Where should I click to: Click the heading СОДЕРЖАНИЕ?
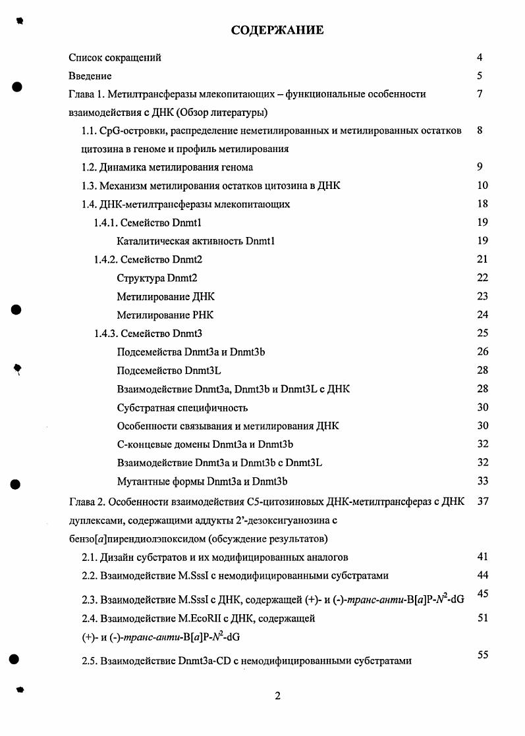(x=277, y=30)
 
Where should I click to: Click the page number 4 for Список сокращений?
(x=480, y=57)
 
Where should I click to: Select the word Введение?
(x=90, y=76)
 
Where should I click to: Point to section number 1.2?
(x=90, y=167)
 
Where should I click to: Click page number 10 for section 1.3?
(x=482, y=186)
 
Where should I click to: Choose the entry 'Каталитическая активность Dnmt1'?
(x=196, y=241)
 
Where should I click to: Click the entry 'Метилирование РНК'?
(x=165, y=315)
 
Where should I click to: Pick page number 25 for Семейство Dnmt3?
(x=482, y=333)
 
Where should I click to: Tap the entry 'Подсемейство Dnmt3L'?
(x=169, y=370)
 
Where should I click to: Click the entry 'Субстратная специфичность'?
(x=182, y=407)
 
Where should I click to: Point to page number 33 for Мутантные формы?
(x=482, y=481)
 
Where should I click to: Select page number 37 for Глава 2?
(x=482, y=502)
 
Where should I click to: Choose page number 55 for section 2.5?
(x=482, y=654)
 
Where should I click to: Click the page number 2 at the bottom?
(x=277, y=697)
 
